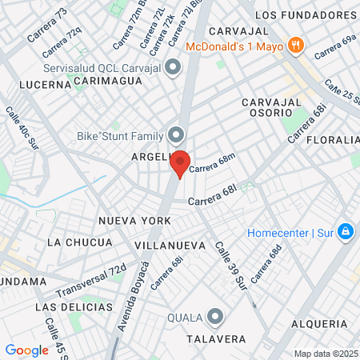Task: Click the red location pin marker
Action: pyautogui.click(x=180, y=163)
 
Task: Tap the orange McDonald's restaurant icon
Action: pyautogui.click(x=295, y=45)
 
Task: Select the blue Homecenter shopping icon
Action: pyautogui.click(x=346, y=232)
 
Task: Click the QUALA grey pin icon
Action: pyautogui.click(x=214, y=318)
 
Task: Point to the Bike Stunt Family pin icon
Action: pyautogui.click(x=177, y=134)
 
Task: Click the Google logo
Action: pyautogui.click(x=27, y=350)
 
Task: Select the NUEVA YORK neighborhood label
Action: pyautogui.click(x=134, y=220)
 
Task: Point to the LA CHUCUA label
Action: pyautogui.click(x=79, y=242)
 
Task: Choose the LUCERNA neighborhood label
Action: pyautogui.click(x=46, y=84)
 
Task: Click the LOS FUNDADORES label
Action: pyautogui.click(x=306, y=15)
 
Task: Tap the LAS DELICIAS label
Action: pyautogui.click(x=71, y=306)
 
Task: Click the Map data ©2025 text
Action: pyautogui.click(x=326, y=354)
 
